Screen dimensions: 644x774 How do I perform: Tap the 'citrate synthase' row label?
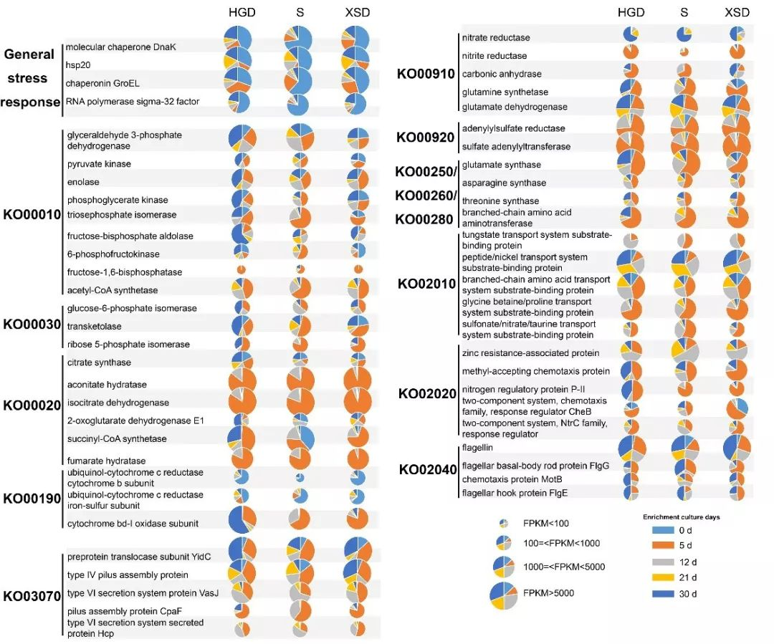(x=99, y=362)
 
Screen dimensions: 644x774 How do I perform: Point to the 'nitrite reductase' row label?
(x=494, y=56)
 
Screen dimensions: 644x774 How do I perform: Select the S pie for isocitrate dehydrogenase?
(x=300, y=402)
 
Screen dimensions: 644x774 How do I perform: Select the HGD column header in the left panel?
(x=242, y=13)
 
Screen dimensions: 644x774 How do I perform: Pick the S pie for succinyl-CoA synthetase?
(x=300, y=438)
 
